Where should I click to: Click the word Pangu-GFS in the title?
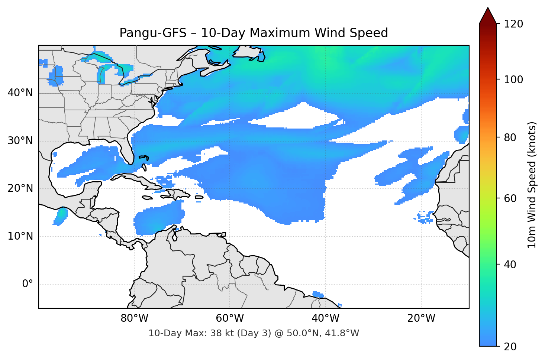click(x=153, y=33)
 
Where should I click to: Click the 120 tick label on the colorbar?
click(x=513, y=24)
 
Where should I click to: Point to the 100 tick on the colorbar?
click(x=513, y=80)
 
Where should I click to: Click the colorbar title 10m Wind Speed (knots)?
click(x=532, y=185)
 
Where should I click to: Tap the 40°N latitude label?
click(x=20, y=93)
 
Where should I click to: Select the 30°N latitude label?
click(x=20, y=141)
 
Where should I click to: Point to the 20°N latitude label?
click(x=20, y=188)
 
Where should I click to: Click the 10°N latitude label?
click(x=20, y=236)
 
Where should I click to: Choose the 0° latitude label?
click(x=28, y=284)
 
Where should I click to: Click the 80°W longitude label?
click(x=134, y=318)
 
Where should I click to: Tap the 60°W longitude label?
click(x=230, y=318)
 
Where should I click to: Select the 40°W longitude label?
click(x=325, y=318)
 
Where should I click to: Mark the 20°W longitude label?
click(x=421, y=318)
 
